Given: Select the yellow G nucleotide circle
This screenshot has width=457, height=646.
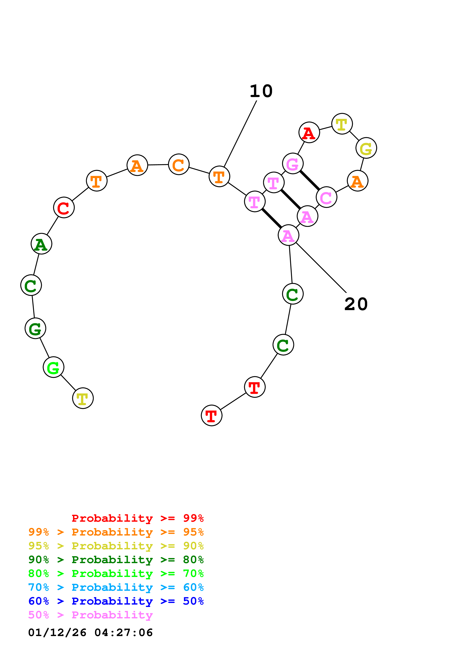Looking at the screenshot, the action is [366, 148].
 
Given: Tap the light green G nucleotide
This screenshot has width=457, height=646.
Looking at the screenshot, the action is [53, 367].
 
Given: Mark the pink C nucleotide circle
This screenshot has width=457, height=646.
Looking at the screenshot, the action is [326, 197].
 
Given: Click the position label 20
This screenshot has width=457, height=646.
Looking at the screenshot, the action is [356, 304].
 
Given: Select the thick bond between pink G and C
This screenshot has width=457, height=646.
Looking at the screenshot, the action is [310, 180].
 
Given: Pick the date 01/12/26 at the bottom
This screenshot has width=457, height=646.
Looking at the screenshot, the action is [57, 633].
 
